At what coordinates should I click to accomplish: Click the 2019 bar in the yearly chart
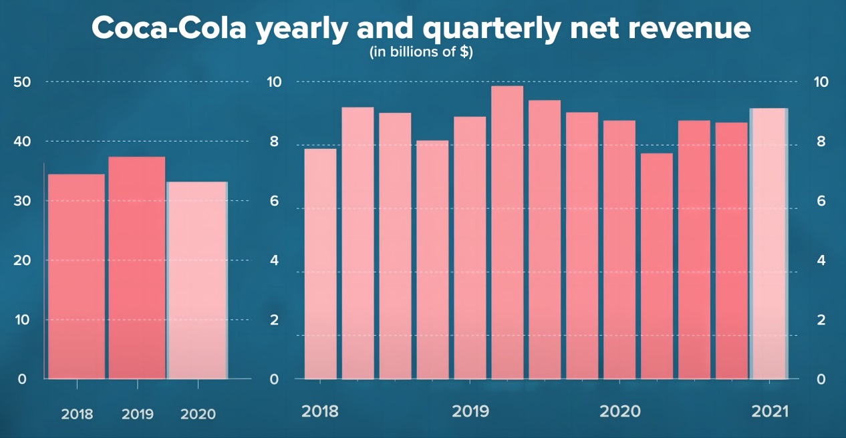click(x=137, y=267)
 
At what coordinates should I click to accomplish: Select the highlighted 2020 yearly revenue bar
click(x=197, y=280)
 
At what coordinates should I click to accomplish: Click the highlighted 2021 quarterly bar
click(x=768, y=244)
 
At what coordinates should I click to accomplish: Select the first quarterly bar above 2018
click(x=320, y=264)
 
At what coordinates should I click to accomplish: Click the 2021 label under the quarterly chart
click(x=770, y=411)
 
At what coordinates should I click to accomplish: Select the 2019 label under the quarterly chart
click(x=470, y=411)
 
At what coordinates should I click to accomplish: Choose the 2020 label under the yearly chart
click(x=198, y=415)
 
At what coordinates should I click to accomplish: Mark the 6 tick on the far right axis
click(x=821, y=201)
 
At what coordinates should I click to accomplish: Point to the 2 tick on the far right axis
click(x=821, y=320)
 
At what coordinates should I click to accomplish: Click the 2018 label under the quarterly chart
click(x=320, y=411)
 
